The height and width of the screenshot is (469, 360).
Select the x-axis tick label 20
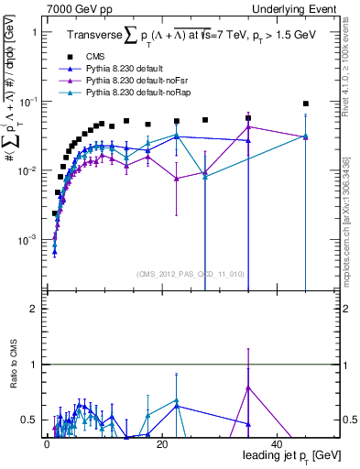161,444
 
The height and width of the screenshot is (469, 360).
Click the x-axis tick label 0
47,444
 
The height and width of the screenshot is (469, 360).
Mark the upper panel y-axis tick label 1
33,32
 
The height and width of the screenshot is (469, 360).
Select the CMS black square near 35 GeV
248,118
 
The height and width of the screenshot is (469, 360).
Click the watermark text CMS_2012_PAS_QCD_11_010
175,273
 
